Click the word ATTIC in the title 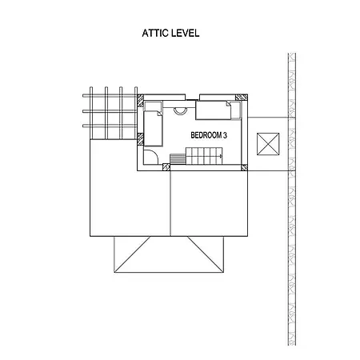pos(155,33)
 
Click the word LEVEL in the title pos(185,33)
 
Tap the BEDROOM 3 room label pos(209,135)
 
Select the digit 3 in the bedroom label pos(225,135)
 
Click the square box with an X pos(268,144)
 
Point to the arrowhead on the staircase pos(221,156)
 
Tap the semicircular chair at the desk pos(180,110)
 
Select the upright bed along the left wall pos(153,129)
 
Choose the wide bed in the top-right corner pos(214,110)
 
